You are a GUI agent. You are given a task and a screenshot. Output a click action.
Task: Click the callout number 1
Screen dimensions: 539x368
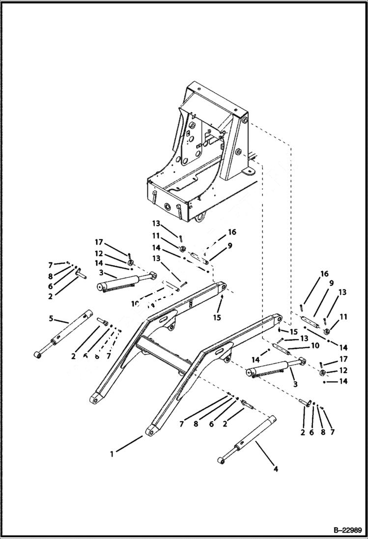(112, 454)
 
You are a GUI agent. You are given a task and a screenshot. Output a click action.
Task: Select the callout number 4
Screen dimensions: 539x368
(276, 469)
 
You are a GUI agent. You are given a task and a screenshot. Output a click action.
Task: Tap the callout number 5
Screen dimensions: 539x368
(51, 318)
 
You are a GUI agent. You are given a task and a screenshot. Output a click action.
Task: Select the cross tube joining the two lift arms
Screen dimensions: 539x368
(162, 354)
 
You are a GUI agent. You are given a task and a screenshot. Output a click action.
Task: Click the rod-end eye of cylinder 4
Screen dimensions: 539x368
(222, 460)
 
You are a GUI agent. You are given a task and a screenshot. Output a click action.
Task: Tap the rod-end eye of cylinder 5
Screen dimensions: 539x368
(38, 354)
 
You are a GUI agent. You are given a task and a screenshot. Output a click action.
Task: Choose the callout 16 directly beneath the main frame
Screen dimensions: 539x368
(232, 232)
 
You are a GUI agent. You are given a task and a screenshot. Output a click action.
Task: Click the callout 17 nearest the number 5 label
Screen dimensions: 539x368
(99, 242)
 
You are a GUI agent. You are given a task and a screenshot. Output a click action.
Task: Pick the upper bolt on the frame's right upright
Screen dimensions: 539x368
(244, 121)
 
